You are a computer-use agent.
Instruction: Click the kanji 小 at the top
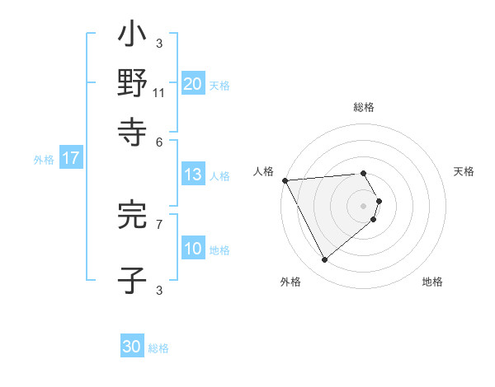132,38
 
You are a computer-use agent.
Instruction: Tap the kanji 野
132,84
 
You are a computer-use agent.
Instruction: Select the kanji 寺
132,130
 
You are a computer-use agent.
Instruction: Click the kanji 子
132,280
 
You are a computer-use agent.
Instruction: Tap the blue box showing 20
192,84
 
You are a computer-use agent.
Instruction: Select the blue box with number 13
192,175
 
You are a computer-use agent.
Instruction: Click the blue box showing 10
192,249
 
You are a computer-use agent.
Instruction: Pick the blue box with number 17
70,159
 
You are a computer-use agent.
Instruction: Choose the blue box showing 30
132,347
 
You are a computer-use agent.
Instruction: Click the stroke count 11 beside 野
158,93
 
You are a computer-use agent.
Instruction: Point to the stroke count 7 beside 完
158,223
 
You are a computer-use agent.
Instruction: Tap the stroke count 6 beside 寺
158,141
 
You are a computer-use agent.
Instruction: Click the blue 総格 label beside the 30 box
158,348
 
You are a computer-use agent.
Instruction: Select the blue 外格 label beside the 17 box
44,160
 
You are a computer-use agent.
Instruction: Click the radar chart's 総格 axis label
364,107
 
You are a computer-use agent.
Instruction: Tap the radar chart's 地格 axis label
432,282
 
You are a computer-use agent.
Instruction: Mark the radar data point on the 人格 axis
285,180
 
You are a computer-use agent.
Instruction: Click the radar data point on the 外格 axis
324,260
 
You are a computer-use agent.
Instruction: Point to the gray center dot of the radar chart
364,206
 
